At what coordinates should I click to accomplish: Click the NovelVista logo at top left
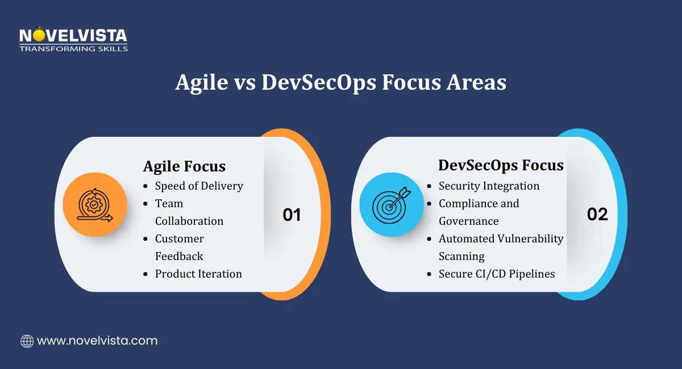click(x=73, y=38)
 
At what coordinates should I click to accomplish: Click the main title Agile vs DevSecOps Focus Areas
click(x=340, y=82)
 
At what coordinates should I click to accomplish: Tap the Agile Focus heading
click(x=184, y=166)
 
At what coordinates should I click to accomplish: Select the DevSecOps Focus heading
click(x=501, y=165)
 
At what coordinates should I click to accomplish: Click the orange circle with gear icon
click(x=95, y=204)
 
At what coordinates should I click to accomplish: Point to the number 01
click(x=292, y=215)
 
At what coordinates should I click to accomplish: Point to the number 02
click(x=597, y=214)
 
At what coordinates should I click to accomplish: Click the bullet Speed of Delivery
click(x=199, y=186)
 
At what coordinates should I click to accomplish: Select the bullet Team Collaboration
click(x=189, y=212)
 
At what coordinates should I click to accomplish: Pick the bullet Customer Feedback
click(x=179, y=247)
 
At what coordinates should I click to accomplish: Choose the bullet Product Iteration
click(x=198, y=274)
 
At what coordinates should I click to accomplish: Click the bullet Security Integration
click(x=489, y=186)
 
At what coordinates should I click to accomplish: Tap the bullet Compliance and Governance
click(x=479, y=212)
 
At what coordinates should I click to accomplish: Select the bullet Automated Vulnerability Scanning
click(x=500, y=247)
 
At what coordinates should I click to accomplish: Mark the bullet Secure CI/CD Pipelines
click(x=496, y=274)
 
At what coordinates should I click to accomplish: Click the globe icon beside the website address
click(x=27, y=341)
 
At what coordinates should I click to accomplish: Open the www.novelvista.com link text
click(x=97, y=341)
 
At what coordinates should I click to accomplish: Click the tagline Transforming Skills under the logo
click(x=73, y=49)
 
